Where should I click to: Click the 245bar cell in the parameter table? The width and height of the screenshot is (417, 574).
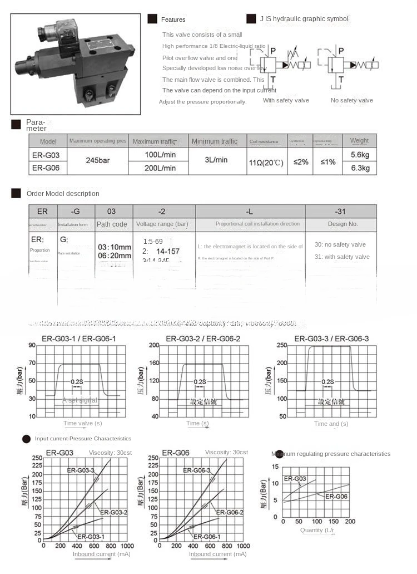click(x=97, y=160)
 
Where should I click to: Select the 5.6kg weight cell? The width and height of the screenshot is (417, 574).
click(x=360, y=154)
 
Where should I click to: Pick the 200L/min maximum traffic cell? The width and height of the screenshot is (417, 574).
click(x=160, y=168)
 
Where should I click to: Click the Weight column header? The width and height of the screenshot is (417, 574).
click(x=360, y=141)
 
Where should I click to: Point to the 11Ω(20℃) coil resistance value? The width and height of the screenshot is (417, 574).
click(x=267, y=163)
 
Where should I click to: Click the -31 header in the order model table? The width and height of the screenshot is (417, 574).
click(x=340, y=212)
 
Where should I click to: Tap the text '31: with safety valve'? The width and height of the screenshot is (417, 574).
click(x=342, y=257)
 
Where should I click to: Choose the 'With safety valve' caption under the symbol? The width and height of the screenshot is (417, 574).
click(x=286, y=100)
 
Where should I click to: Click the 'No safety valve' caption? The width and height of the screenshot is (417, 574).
click(x=352, y=100)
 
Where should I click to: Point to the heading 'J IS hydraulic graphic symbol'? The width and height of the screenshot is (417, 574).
click(x=304, y=19)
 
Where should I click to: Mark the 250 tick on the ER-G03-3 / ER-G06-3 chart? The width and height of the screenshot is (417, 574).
click(x=281, y=345)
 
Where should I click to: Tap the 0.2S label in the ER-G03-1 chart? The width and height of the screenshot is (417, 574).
click(x=77, y=381)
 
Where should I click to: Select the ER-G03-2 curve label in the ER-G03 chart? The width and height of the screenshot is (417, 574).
click(x=114, y=512)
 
